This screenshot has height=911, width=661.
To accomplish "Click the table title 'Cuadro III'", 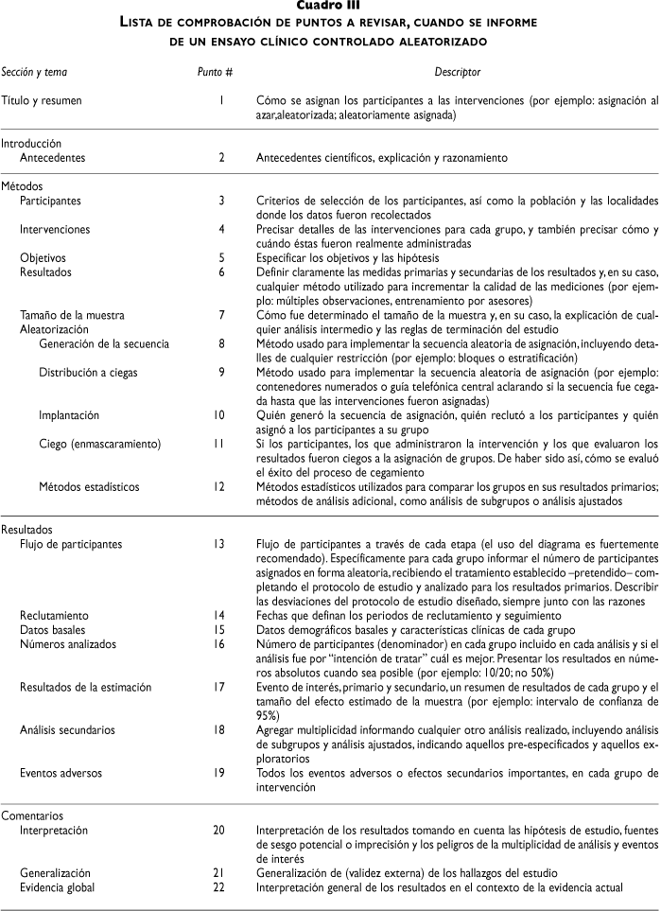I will tap(330, 9).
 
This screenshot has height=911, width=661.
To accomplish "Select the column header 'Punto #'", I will tap(208, 72).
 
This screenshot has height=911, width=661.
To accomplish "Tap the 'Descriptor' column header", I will tap(458, 72).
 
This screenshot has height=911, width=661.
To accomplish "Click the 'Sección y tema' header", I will tap(34, 72).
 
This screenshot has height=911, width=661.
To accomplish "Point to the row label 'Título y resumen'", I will tap(42, 99).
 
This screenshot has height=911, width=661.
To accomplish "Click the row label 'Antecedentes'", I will tap(52, 158).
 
